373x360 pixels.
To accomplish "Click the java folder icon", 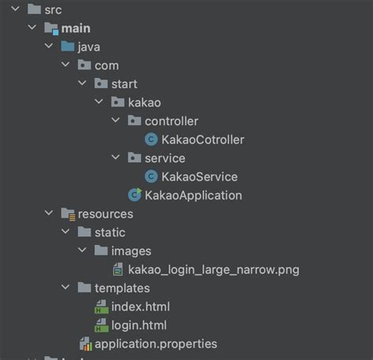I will tap(68, 46).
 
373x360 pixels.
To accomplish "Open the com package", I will tap(106, 65).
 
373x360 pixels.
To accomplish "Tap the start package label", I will tap(124, 84).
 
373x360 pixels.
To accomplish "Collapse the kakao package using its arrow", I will tap(98, 102).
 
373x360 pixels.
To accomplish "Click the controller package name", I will tap(171, 121).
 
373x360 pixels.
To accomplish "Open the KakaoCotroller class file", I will tap(202, 139).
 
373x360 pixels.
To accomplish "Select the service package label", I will tap(164, 158).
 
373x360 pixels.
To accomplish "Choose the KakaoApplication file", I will tap(193, 195).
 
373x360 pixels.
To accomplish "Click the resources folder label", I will tap(105, 213).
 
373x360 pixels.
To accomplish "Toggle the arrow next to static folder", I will tap(65, 232).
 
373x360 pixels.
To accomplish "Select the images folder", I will tap(131, 251).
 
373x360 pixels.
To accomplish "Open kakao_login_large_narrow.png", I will tap(213, 269).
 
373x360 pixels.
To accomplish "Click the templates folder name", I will tap(122, 288).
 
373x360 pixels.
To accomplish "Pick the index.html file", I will tap(140, 306).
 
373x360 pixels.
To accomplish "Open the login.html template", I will tap(138, 325).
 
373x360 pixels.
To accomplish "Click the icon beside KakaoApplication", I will tap(135, 195).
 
